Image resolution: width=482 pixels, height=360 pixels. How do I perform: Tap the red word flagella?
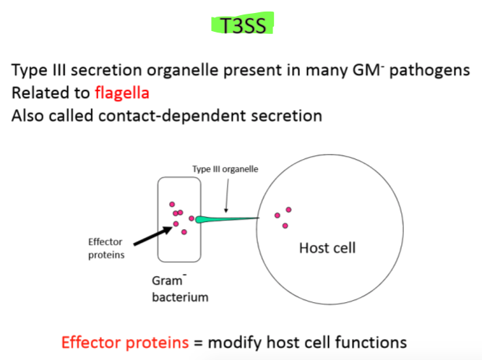coord(124,93)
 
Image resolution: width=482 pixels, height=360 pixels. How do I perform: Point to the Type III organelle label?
coord(225,169)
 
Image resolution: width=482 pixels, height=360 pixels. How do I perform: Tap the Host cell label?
coord(327,248)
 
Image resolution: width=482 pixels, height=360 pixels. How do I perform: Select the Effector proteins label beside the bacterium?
coord(106,248)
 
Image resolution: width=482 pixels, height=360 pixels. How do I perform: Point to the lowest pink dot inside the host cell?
coord(285,226)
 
